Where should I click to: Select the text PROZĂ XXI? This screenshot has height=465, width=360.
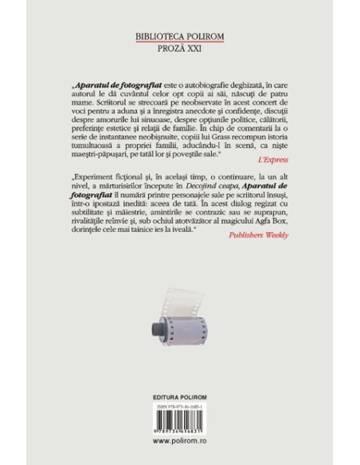tap(179, 48)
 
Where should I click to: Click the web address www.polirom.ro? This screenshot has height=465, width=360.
tap(180, 440)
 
